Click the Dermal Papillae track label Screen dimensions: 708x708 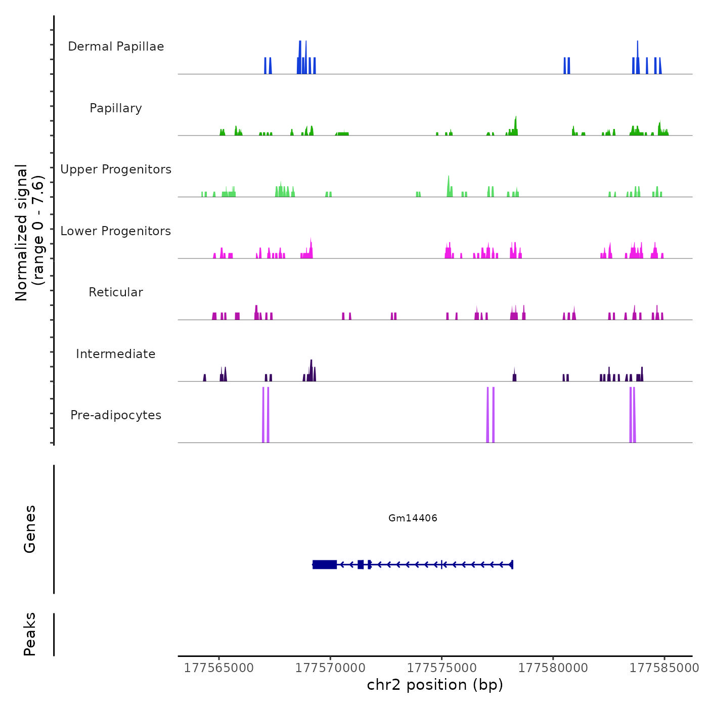point(116,47)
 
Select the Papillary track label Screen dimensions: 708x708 point(116,108)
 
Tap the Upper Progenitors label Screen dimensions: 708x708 point(116,169)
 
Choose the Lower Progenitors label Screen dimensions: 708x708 point(116,231)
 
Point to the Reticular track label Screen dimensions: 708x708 point(116,292)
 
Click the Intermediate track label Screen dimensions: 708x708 point(116,354)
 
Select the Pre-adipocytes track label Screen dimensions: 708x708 point(116,415)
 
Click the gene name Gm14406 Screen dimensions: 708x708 point(413,518)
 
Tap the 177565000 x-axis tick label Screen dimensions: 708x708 point(219,668)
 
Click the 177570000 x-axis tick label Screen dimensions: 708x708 point(330,668)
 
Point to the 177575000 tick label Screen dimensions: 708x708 point(441,668)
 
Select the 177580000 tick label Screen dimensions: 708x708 point(553,668)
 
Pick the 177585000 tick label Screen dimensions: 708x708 point(664,668)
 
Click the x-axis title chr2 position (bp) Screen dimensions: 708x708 point(435,685)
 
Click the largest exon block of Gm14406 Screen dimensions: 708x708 point(325,564)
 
